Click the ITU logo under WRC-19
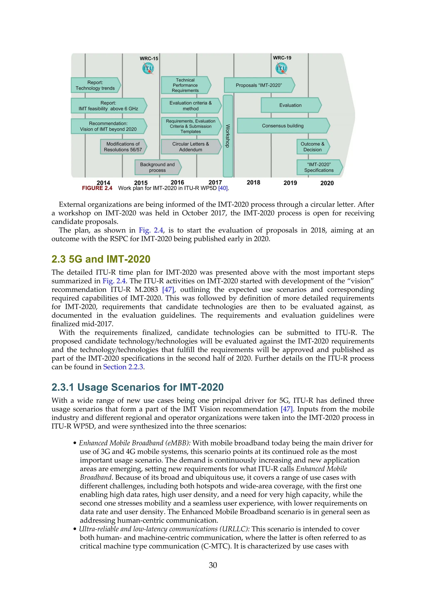[281, 68]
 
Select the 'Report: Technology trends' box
[95, 85]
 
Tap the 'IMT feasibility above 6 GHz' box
[108, 106]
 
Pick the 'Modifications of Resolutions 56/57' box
[123, 147]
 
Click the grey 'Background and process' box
[157, 167]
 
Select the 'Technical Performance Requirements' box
[185, 85]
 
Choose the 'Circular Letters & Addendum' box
[191, 147]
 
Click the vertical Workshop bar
[228, 136]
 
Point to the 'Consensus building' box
[283, 126]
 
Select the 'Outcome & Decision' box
[312, 147]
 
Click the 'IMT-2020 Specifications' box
[319, 167]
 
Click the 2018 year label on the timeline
[253, 183]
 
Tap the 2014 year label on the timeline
[103, 183]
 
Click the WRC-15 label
[149, 58]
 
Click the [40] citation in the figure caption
[223, 188]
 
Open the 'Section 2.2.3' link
[123, 367]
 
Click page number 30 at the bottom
[213, 565]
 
